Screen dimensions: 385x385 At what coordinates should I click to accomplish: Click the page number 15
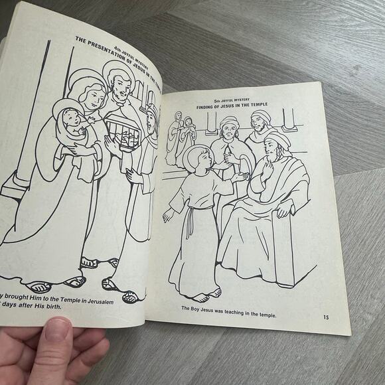(326, 318)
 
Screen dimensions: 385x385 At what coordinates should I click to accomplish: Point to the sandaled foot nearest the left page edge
(40, 286)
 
